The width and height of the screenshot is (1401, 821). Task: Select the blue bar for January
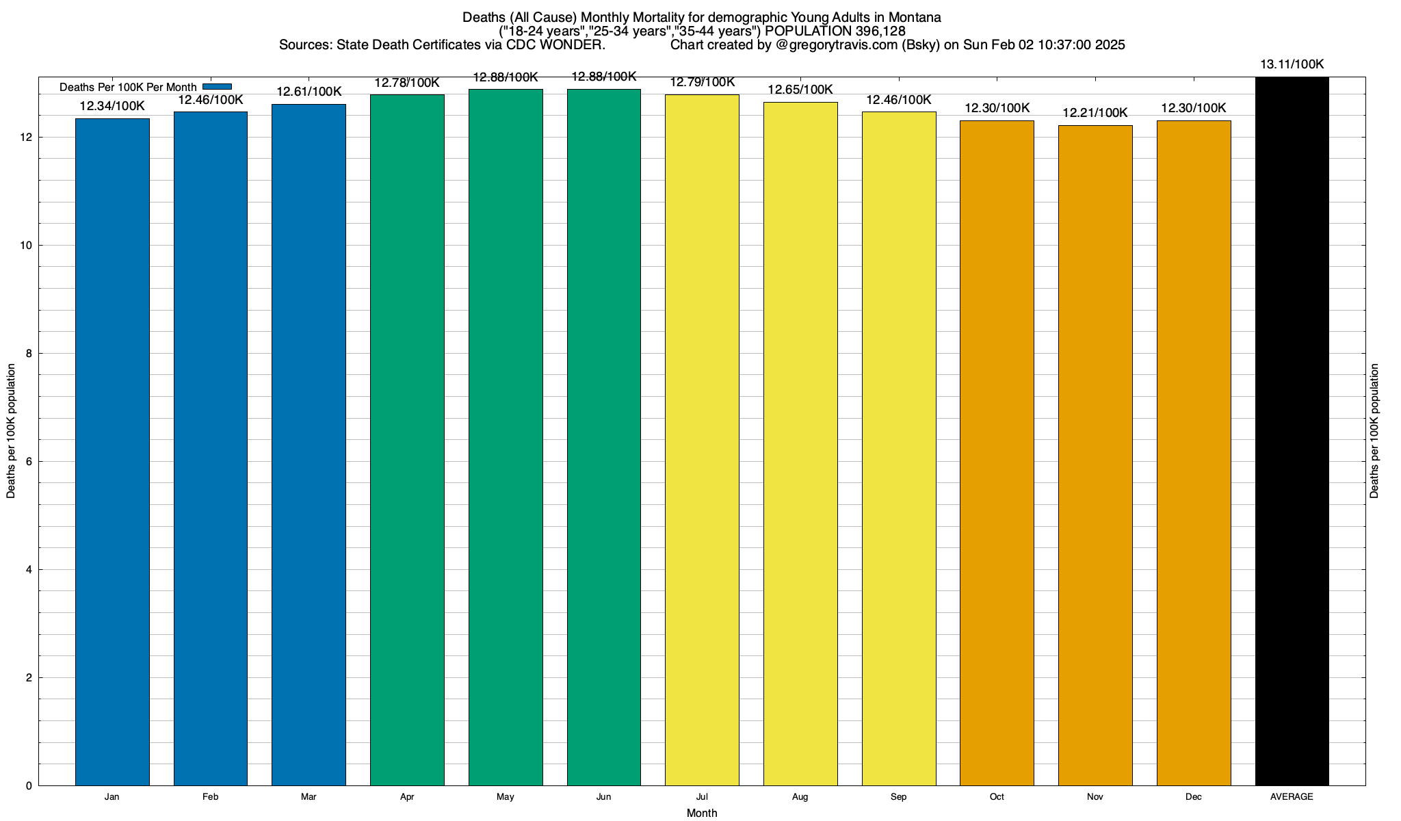[x=112, y=452]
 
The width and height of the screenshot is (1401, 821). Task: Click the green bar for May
[x=506, y=438]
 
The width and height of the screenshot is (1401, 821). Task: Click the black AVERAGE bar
[x=1292, y=431]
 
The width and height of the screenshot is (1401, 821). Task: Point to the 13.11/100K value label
[x=1292, y=64]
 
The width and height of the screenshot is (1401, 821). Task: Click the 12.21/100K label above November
[x=1095, y=113]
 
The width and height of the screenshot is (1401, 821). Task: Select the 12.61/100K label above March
[x=309, y=92]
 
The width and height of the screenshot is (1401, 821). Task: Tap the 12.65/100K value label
[x=800, y=90]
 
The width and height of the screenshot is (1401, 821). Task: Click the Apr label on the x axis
[x=407, y=797]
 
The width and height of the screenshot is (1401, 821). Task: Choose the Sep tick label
[x=899, y=797]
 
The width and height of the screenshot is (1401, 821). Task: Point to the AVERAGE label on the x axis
[x=1292, y=797]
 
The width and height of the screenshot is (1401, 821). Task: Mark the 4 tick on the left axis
[x=29, y=570]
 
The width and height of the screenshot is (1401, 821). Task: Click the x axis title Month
[x=702, y=813]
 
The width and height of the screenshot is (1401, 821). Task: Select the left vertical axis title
[x=11, y=431]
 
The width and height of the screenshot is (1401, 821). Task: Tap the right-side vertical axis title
[x=1374, y=431]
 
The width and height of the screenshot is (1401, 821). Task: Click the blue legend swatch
[x=218, y=87]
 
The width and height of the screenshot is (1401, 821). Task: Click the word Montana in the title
[x=915, y=17]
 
